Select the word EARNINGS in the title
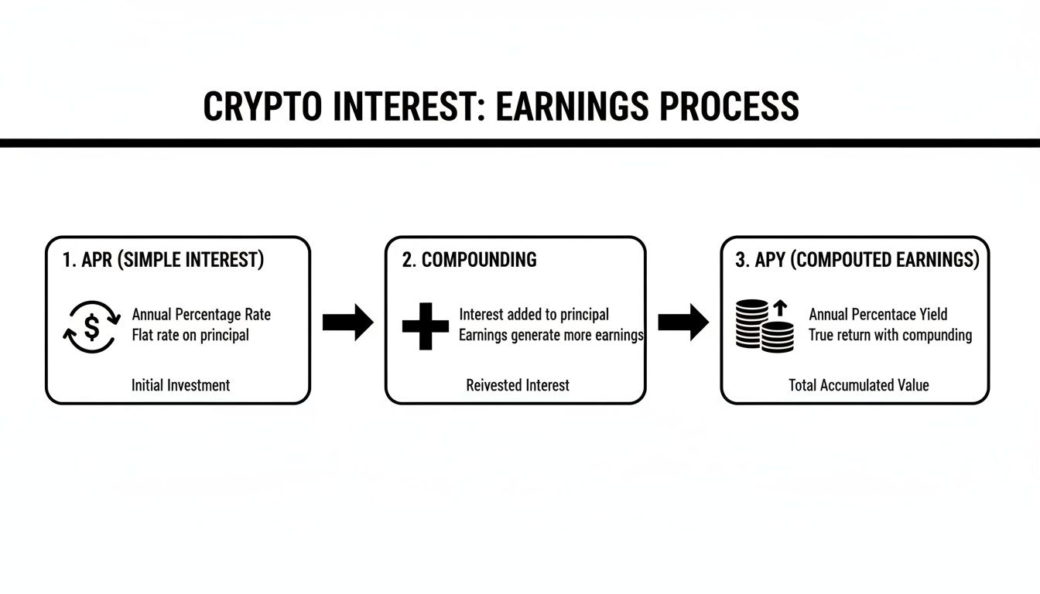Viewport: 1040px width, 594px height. tap(573, 107)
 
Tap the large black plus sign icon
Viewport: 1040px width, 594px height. tap(426, 326)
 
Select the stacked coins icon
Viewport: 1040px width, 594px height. tap(764, 326)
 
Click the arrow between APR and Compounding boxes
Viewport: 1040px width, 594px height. tap(347, 323)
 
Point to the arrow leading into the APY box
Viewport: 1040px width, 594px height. tap(682, 323)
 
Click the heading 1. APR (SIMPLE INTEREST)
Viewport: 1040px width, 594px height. tap(162, 260)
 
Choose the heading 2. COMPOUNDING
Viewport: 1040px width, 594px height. tap(469, 260)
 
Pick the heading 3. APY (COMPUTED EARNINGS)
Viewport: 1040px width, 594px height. tap(857, 260)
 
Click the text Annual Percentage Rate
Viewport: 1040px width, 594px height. tap(201, 315)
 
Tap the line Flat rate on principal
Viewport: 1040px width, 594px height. tap(190, 335)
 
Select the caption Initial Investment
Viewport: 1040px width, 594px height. tap(180, 384)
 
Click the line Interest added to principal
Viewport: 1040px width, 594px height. tap(533, 315)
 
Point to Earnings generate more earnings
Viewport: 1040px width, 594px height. tap(551, 335)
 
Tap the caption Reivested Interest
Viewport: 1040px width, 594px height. tap(517, 384)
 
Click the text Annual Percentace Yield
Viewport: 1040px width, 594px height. tap(877, 315)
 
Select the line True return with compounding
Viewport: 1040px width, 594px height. tap(890, 335)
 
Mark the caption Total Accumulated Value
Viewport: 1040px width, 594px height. tap(858, 384)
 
